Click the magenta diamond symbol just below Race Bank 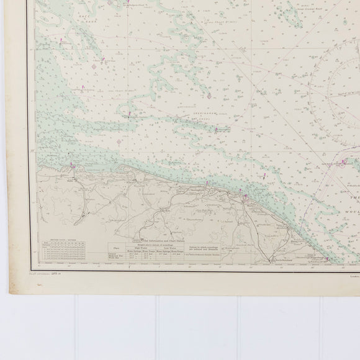click(94, 66)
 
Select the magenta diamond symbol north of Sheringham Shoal click(209, 96)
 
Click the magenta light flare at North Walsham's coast click(246, 197)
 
